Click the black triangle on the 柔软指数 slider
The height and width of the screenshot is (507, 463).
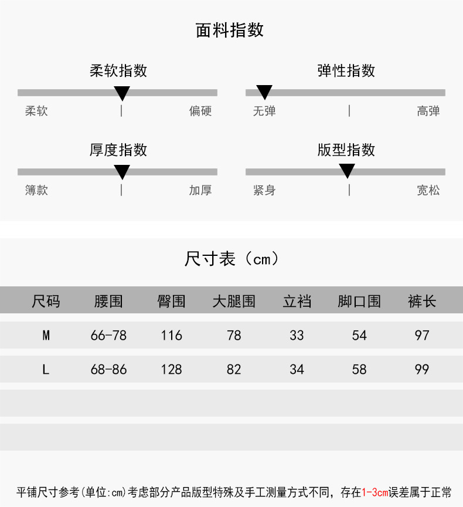coord(122,93)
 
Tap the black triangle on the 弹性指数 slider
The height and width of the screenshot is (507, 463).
coord(264,92)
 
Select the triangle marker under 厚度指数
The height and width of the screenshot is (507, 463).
coord(122,172)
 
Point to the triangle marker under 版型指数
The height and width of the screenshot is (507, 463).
coord(347,171)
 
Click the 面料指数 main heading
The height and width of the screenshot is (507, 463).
coord(230,31)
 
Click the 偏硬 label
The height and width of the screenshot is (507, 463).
coord(200,111)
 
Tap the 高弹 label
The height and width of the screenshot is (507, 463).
coord(428,111)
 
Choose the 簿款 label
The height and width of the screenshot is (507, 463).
coord(36,190)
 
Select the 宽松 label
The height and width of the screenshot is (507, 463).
coord(428,190)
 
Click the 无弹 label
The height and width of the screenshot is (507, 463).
coord(264,111)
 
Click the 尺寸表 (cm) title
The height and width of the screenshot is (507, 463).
coord(231,258)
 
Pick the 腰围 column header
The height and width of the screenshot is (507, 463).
coord(108,302)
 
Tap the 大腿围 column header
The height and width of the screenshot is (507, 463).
coord(234,302)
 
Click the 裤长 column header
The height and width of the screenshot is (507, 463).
coord(422,302)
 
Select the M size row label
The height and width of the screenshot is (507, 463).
coord(46,336)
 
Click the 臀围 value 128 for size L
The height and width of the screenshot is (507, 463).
coord(171,370)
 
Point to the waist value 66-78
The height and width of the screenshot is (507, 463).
coord(108,336)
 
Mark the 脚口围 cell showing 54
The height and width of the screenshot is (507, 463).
coord(359,336)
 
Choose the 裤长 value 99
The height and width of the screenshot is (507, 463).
coord(422,370)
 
